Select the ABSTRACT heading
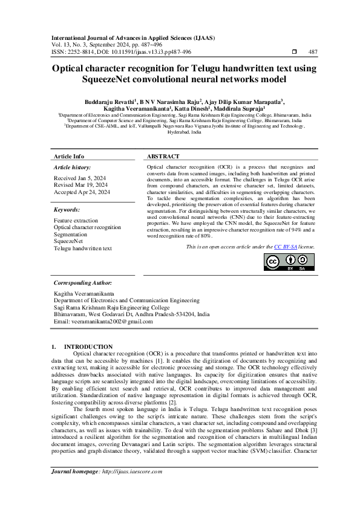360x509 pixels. (x=163, y=156)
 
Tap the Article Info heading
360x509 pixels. (x=69, y=156)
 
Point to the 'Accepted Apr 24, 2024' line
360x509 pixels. (x=82, y=192)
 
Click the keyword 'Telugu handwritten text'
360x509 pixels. (x=83, y=248)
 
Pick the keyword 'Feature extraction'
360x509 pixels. (x=76, y=221)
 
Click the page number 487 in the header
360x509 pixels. (x=313, y=53)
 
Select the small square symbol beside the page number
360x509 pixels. (x=294, y=53)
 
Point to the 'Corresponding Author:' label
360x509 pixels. (x=82, y=282)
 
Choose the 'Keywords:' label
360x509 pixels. (x=67, y=209)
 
